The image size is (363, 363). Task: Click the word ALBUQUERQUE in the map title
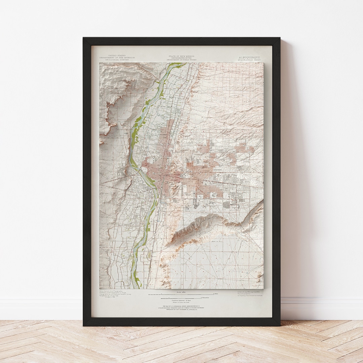point(249,57)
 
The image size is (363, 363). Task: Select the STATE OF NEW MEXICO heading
point(182,56)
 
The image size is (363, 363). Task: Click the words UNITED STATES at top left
point(117,55)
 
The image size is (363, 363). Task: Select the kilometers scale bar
point(182,297)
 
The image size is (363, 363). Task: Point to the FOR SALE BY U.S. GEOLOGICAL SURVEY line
point(182,306)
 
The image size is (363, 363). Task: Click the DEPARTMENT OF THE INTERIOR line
point(117,57)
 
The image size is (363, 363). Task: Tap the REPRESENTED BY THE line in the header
point(182,57)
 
